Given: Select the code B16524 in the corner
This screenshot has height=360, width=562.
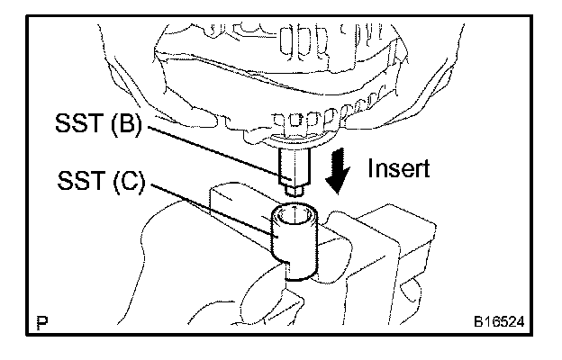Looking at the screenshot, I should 500,320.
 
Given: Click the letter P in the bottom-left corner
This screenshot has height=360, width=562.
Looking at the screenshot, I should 41,320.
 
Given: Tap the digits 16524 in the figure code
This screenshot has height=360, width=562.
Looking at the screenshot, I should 506,320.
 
